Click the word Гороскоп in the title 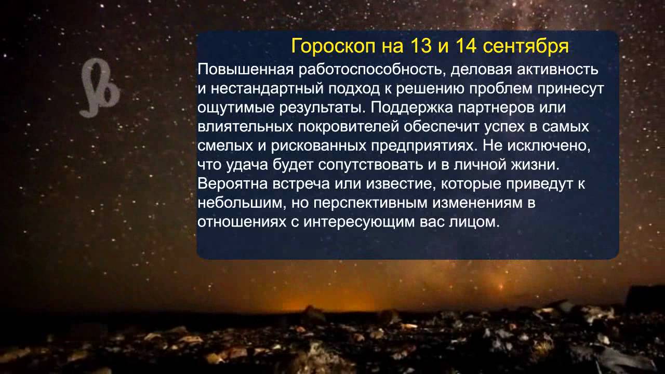coord(332,47)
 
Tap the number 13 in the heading coord(421,46)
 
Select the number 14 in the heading coord(466,46)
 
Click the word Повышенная coord(245,70)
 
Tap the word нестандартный coord(267,89)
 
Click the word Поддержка coord(411,108)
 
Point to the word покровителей coord(348,127)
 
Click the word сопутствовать coord(370,165)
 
